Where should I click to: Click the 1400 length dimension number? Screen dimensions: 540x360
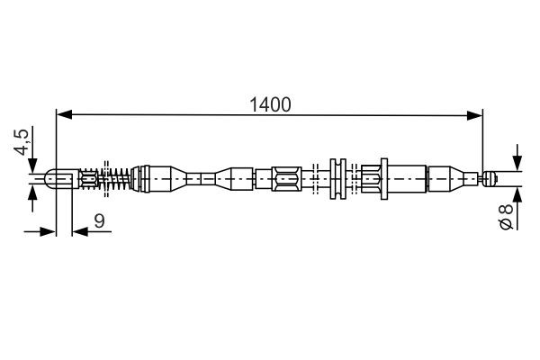point(270,104)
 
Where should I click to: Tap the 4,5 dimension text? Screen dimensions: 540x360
point(22,142)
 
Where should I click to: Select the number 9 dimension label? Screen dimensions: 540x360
point(99,220)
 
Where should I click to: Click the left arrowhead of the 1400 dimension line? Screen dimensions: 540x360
point(64,114)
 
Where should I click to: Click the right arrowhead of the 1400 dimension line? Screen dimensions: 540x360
point(474,115)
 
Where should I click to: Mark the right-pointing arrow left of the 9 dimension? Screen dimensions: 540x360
point(40,232)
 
